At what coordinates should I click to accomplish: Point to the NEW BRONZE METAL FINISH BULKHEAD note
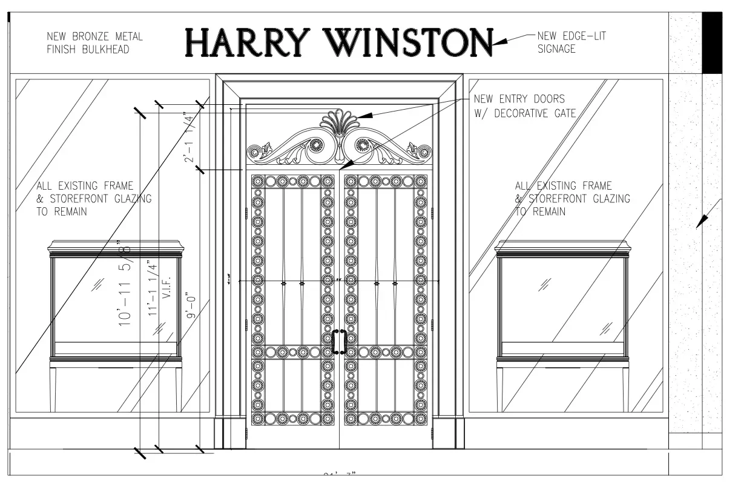[x=95, y=43]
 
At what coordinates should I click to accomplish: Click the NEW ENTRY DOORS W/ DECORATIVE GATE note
[x=523, y=105]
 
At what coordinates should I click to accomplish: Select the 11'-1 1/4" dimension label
[x=153, y=287]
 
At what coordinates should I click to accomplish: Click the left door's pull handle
[x=334, y=342]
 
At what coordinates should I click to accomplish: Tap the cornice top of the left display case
[x=116, y=247]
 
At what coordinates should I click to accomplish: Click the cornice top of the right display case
[x=562, y=247]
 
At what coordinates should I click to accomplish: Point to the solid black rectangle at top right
[x=712, y=42]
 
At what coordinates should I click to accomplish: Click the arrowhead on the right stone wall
[x=701, y=221]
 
